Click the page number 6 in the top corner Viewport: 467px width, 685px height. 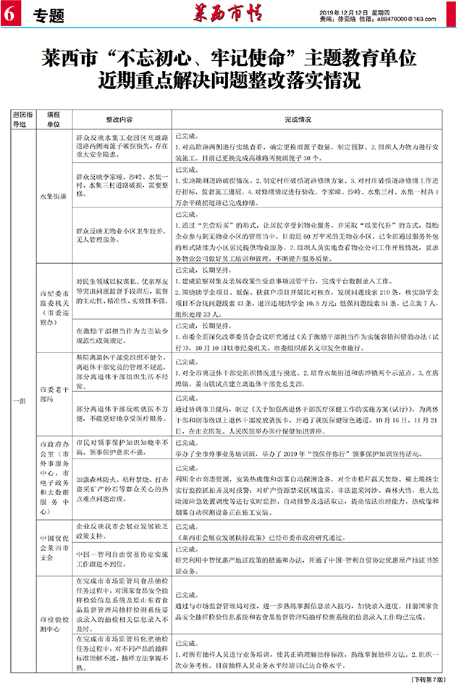(x=9, y=13)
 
